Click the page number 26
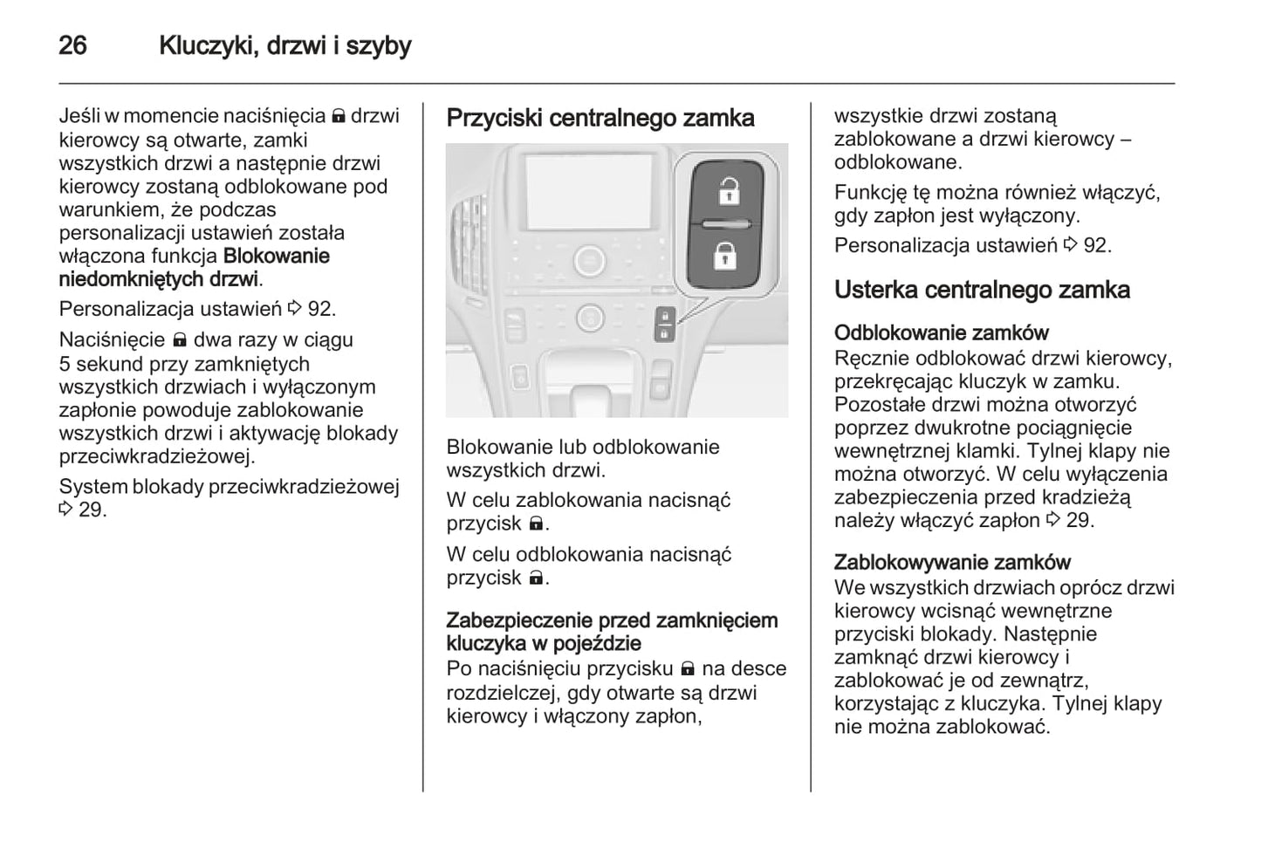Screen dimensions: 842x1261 [72, 45]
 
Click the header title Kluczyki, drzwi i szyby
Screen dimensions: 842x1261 [284, 45]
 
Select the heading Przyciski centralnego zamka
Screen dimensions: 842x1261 [600, 119]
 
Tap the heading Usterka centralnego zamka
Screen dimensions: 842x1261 [982, 291]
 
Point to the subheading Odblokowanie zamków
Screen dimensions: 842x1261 [941, 332]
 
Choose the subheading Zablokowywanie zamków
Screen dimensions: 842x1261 [952, 562]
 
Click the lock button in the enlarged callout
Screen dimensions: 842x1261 [725, 256]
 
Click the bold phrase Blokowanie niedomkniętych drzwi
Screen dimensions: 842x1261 [194, 268]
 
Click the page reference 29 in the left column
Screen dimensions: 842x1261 [92, 510]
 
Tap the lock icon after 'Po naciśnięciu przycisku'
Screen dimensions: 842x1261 [688, 669]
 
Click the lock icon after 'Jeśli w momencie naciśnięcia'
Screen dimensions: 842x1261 [339, 116]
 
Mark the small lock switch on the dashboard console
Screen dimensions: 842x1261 [664, 325]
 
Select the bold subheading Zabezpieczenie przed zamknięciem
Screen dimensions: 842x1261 [612, 620]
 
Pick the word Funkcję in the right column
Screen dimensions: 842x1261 [869, 193]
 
